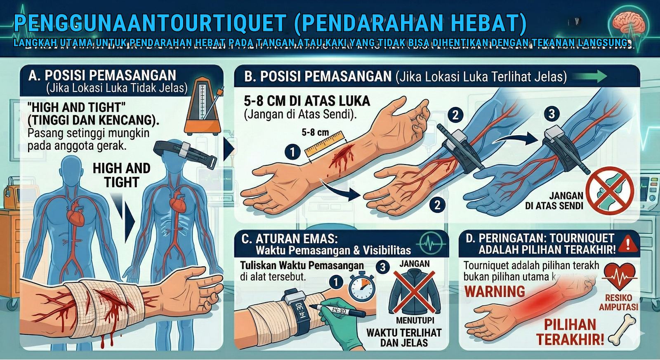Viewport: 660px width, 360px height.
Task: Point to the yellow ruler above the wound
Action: point(324,144)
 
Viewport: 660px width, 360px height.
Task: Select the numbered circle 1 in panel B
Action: point(292,152)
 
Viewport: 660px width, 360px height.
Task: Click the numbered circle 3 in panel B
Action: point(552,114)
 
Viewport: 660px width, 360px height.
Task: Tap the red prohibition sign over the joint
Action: point(610,190)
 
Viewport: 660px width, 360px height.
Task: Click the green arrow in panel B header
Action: point(590,76)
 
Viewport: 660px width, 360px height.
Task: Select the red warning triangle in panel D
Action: point(628,244)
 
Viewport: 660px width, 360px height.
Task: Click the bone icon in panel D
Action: point(622,330)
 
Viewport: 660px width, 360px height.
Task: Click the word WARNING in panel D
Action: point(495,292)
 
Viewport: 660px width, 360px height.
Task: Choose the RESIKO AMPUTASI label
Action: point(618,302)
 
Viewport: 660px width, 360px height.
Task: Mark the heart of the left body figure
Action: point(75,214)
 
